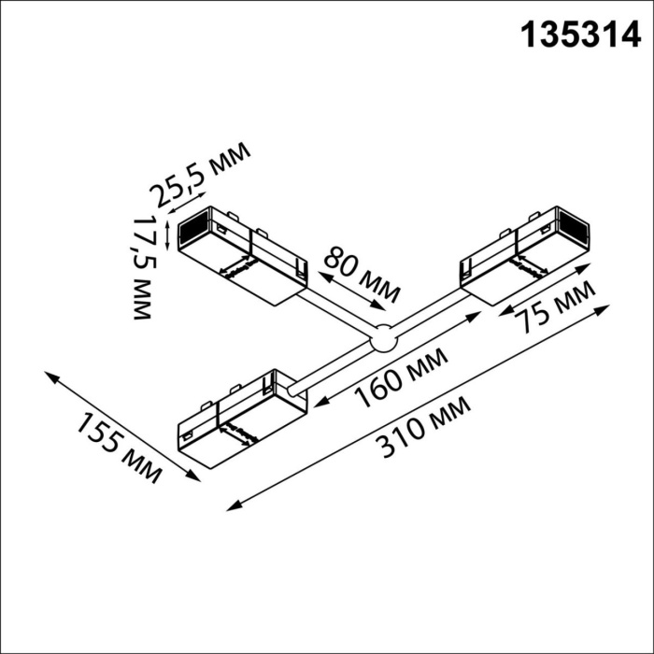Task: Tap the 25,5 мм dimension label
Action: (201, 174)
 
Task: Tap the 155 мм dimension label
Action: (116, 446)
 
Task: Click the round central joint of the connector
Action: (381, 341)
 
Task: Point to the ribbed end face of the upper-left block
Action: (193, 228)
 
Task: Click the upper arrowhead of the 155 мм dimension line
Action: (49, 374)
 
